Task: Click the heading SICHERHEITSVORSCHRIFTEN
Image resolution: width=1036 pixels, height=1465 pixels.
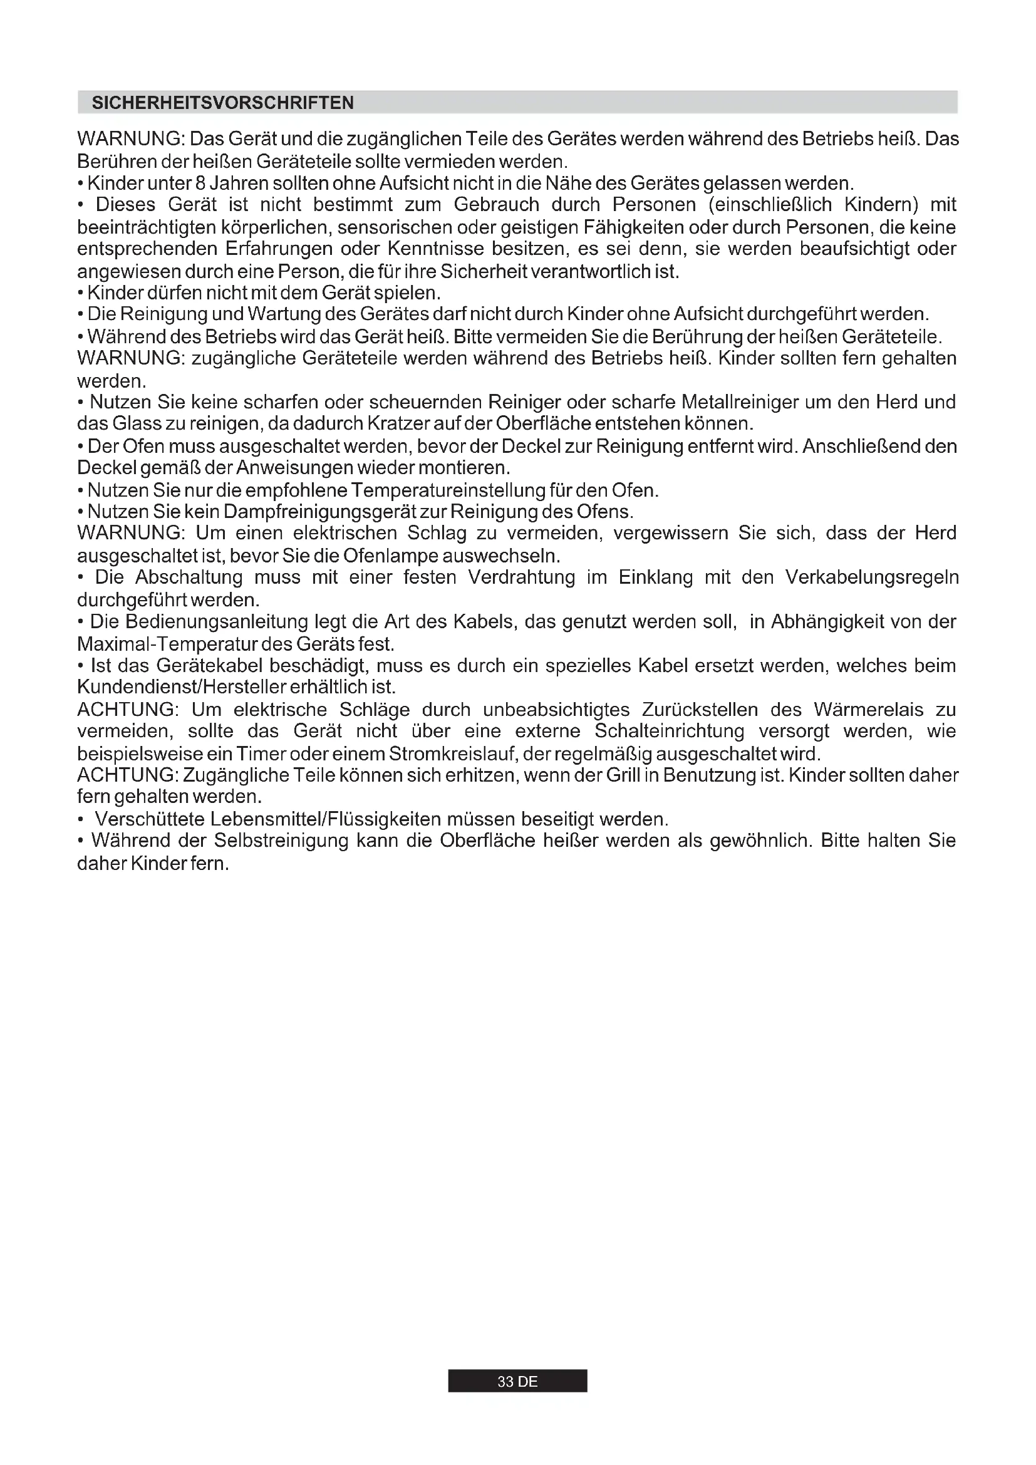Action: (222, 103)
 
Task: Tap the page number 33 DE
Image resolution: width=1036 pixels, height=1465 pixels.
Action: (517, 1382)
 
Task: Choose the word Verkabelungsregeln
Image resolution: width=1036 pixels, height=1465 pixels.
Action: (871, 577)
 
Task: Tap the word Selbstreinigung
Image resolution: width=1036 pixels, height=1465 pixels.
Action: (281, 841)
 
